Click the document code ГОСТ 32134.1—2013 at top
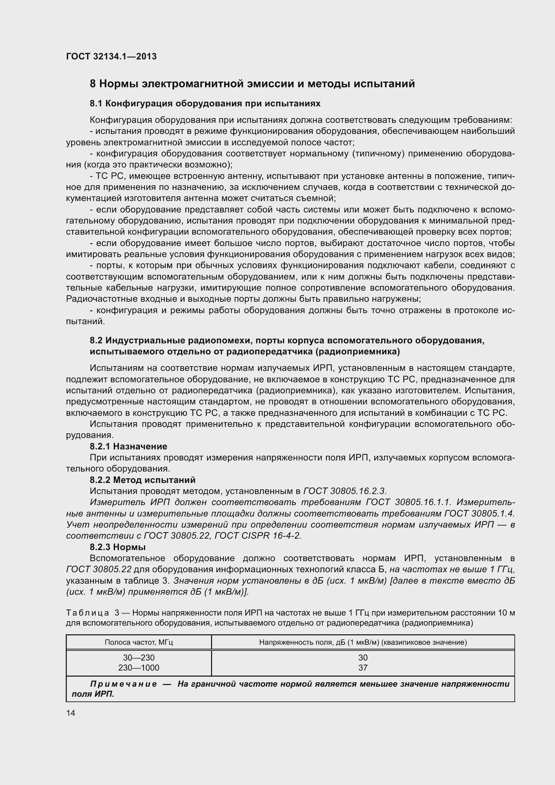[111, 56]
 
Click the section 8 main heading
[252, 84]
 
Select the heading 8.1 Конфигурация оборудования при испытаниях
[205, 104]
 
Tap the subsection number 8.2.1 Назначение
[128, 446]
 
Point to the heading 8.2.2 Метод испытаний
[143, 480]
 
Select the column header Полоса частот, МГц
[139, 642]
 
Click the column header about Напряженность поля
[363, 642]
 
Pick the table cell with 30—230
[139, 657]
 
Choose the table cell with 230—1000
[139, 668]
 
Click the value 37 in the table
[363, 668]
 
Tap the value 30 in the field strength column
[363, 657]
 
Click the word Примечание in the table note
[123, 684]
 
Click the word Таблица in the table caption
[88, 613]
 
